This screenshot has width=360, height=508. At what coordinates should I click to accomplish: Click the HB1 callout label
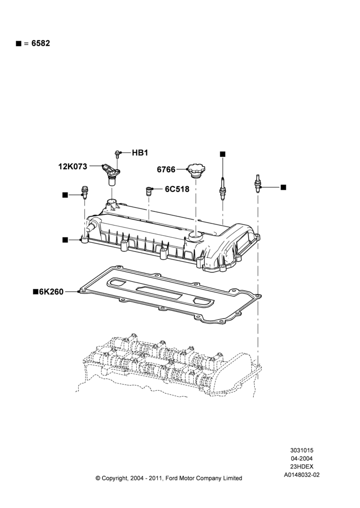pos(140,152)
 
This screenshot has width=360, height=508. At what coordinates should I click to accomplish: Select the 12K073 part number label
pos(73,167)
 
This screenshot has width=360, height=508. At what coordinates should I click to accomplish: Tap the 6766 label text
pos(166,170)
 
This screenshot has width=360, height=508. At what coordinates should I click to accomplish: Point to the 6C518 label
pos(177,189)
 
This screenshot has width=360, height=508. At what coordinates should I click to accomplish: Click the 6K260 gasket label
pos(51,292)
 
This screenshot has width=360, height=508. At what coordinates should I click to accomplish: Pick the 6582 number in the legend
pos(41,43)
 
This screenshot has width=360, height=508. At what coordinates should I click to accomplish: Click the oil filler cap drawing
pos(197,171)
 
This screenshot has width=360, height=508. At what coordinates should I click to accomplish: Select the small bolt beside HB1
pos(117,154)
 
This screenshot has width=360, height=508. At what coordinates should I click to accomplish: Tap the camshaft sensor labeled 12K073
pos(111,174)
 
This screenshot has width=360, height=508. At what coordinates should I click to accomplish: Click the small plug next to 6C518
pos(149,191)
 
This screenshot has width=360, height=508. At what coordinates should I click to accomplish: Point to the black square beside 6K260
pos(36,292)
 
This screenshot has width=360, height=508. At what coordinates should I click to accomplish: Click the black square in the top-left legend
pos(18,44)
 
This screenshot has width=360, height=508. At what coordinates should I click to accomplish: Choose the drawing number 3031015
pos(302,450)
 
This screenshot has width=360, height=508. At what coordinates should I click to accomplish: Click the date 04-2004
pos(302,458)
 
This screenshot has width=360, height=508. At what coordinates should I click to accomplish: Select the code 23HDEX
pos(302,466)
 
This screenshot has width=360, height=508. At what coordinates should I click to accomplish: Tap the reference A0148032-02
pos(302,475)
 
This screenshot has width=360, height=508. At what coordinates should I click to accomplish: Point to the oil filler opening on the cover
pos(196,235)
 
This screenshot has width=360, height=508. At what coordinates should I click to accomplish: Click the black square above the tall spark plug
pos(223,154)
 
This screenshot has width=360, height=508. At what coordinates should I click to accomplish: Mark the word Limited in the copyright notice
pos(232,478)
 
